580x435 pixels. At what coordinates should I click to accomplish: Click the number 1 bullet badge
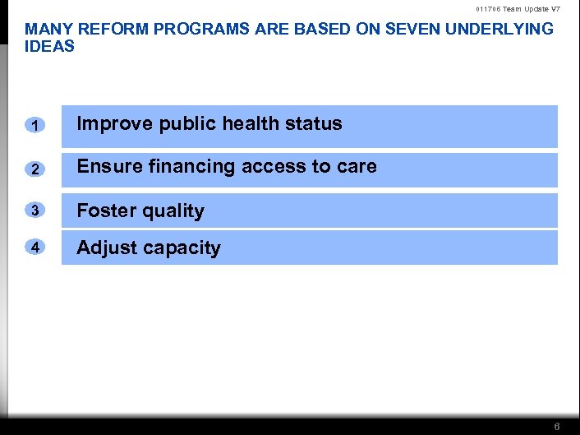pos(34,126)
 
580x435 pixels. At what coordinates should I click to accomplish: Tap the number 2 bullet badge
pos(34,169)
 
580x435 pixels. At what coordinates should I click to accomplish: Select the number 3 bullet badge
pos(34,211)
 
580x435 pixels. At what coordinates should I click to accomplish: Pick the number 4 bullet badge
pos(34,248)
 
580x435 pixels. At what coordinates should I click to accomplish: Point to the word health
pos(250,123)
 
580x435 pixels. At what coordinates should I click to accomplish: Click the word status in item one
pos(314,123)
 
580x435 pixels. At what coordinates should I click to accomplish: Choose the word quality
pos(173,211)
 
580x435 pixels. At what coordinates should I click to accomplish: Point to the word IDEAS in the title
pos(49,46)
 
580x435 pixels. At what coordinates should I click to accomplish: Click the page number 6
pos(557,427)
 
